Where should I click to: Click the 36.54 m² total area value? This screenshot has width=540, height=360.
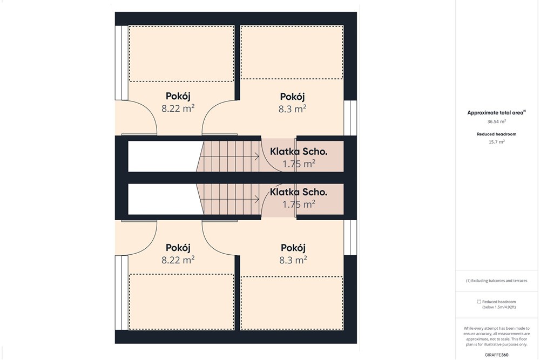[496, 121]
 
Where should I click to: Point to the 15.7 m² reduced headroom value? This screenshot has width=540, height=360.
[497, 142]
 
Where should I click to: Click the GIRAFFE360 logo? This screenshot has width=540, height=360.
[496, 355]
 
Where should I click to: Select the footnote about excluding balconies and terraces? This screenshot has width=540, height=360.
[496, 281]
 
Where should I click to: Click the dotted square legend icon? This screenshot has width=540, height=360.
[478, 302]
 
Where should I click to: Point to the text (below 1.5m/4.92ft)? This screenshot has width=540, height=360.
[498, 307]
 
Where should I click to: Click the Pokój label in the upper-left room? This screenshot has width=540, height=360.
[178, 96]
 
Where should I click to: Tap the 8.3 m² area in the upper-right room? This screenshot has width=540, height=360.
[292, 109]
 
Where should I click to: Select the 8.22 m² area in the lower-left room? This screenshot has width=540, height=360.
[178, 260]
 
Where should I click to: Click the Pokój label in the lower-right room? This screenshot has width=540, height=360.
[293, 248]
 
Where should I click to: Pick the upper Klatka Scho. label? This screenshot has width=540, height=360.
[299, 152]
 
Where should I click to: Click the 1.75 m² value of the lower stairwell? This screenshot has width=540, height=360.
[299, 205]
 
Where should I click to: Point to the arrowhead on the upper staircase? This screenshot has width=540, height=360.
[257, 157]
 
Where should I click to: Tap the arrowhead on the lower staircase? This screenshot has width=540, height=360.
[257, 199]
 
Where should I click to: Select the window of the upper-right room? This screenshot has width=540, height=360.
[350, 118]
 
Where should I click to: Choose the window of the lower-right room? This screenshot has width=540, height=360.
[350, 237]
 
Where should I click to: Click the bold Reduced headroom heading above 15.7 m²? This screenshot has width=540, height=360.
[497, 134]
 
